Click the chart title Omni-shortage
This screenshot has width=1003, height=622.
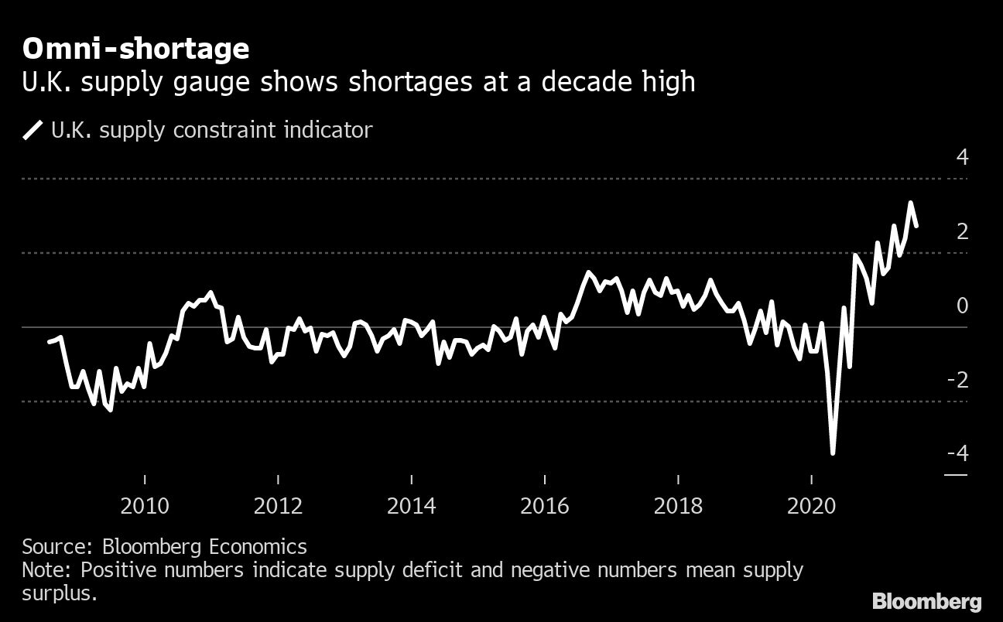(x=135, y=50)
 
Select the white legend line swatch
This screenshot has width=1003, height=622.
(x=33, y=130)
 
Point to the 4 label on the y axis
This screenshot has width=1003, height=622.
(x=962, y=158)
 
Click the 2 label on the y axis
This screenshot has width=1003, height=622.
(x=962, y=231)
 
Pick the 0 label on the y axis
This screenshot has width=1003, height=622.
(x=962, y=306)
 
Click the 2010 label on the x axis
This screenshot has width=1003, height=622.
(x=145, y=507)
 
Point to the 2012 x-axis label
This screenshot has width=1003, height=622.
(x=278, y=507)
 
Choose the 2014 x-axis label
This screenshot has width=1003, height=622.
(x=411, y=507)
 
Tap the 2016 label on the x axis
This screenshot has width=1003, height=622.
(x=544, y=507)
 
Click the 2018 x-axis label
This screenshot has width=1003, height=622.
(x=678, y=507)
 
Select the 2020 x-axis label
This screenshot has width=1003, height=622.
(x=811, y=507)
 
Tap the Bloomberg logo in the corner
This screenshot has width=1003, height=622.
(x=926, y=601)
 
